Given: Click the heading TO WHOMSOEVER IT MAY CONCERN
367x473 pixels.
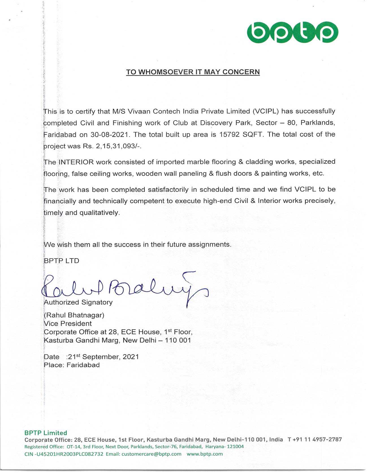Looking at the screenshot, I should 193,72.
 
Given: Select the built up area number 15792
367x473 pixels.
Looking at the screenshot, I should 230,135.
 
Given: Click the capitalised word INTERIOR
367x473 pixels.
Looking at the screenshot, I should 76,162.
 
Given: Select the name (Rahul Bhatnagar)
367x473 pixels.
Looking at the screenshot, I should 74,315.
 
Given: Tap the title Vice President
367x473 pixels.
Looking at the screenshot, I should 68,323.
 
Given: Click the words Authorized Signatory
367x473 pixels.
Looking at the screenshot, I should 78,302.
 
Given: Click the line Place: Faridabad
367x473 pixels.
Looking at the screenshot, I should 72,365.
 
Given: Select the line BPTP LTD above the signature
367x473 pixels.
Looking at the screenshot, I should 62,261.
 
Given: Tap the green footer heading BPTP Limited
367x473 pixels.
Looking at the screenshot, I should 46,433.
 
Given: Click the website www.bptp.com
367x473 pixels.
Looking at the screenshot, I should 205,454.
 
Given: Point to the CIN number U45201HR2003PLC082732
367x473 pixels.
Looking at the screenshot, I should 68,454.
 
